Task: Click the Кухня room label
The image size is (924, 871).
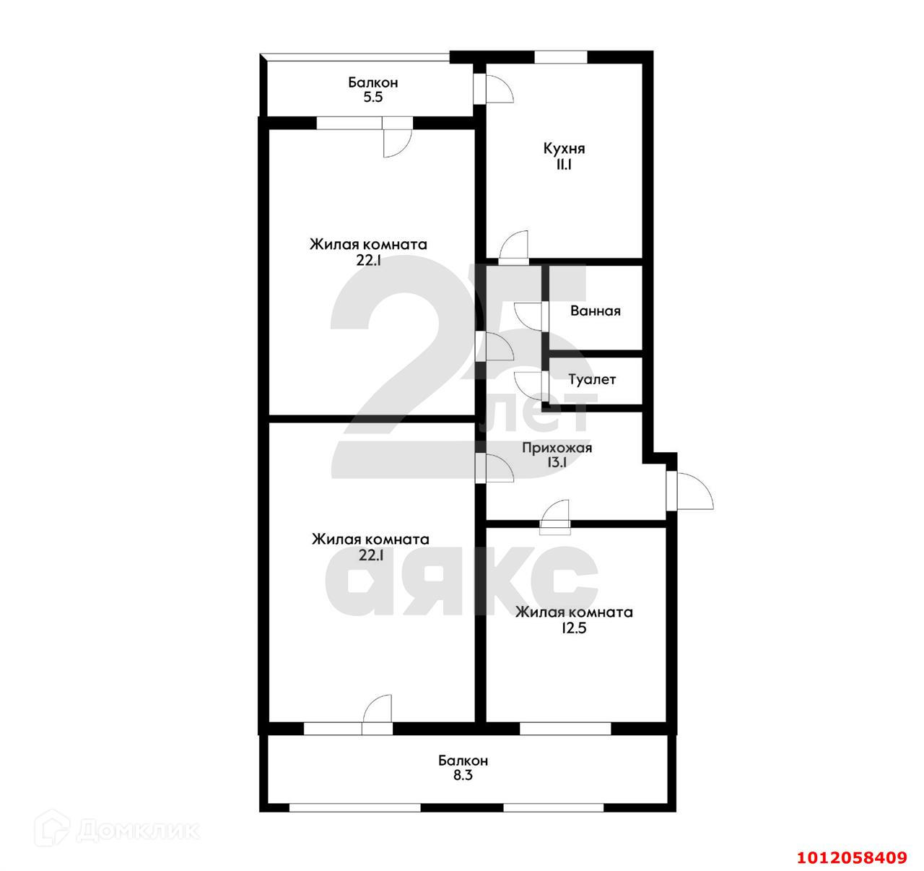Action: pyautogui.click(x=564, y=149)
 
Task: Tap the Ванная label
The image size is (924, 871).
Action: pyautogui.click(x=595, y=311)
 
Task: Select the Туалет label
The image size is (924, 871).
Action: pyautogui.click(x=592, y=379)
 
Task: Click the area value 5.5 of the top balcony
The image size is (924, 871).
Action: pyautogui.click(x=373, y=97)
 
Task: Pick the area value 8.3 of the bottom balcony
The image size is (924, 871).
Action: pyautogui.click(x=463, y=775)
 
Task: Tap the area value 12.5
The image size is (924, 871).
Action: pyautogui.click(x=574, y=628)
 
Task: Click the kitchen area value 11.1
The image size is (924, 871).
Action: pyautogui.click(x=564, y=165)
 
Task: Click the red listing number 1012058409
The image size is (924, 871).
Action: pyautogui.click(x=853, y=857)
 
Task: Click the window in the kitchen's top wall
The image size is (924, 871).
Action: pyautogui.click(x=561, y=57)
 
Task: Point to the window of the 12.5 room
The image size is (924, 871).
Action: pyautogui.click(x=565, y=729)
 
